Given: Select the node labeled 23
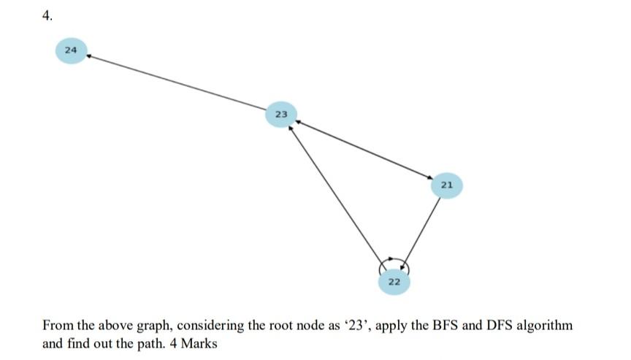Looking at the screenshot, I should (281, 114).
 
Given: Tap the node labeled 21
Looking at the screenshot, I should (447, 185).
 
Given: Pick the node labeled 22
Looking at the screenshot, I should (394, 281).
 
